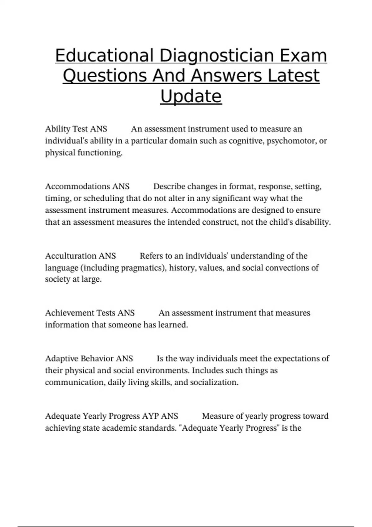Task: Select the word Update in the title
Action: coord(191,96)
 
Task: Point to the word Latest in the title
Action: coord(293,76)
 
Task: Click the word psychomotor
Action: coord(291,141)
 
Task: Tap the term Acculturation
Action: coord(71,256)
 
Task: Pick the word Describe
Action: coord(170,187)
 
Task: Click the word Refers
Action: coord(151,256)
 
